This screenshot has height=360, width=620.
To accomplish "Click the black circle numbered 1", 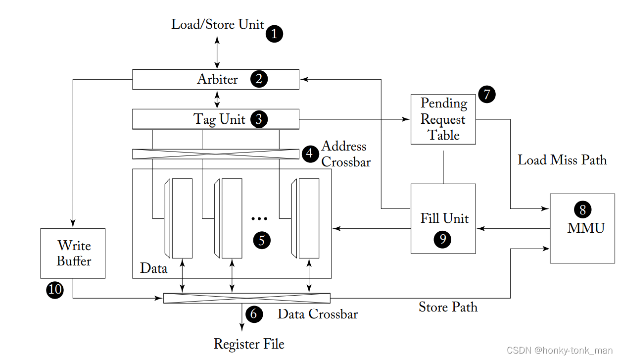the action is click(x=274, y=34).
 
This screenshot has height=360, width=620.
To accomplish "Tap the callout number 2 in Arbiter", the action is click(x=259, y=79).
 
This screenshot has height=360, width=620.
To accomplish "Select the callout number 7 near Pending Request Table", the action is click(x=487, y=94).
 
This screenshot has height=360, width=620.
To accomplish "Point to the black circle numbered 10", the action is click(x=55, y=290).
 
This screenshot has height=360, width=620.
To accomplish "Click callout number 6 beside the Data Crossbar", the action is click(x=254, y=314).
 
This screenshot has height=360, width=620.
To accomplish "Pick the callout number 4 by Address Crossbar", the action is click(x=310, y=153).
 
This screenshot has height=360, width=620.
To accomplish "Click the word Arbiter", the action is click(x=218, y=79).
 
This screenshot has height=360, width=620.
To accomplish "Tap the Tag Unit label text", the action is click(x=219, y=119).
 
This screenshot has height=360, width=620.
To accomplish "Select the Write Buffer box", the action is click(x=73, y=254).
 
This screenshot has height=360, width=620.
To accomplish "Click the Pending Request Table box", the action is click(x=443, y=119).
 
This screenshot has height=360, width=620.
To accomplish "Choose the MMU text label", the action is click(x=586, y=228).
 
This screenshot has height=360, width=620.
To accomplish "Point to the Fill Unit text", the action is click(x=444, y=218).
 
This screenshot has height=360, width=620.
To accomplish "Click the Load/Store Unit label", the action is click(x=218, y=24).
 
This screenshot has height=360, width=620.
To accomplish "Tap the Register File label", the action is click(x=249, y=344).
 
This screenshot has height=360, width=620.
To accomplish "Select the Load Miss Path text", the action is click(x=562, y=160).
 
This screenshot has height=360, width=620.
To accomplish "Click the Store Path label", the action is click(x=448, y=307).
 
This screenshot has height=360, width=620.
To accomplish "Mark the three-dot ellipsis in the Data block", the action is click(x=259, y=219).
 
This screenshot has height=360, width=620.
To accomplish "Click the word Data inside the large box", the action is click(x=153, y=268).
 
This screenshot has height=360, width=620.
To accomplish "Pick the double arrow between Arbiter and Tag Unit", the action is click(x=217, y=99).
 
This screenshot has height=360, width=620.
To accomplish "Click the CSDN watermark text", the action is click(x=560, y=351).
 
